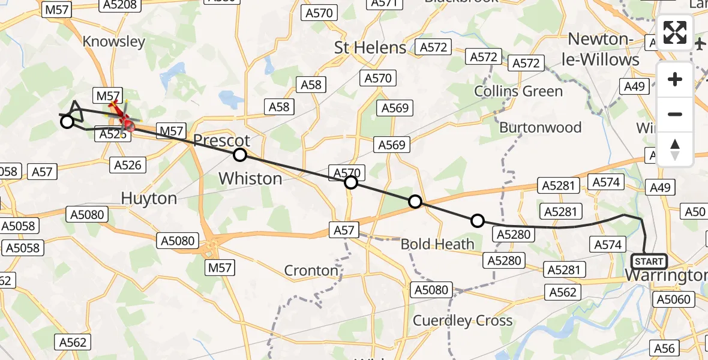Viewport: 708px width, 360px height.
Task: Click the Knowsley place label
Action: coord(114,41)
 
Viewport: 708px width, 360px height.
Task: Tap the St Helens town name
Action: coord(370,47)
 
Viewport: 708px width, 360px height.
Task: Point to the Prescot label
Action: coord(221,141)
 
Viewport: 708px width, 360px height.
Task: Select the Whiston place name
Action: coord(250,178)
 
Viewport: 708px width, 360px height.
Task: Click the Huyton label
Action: coord(149,198)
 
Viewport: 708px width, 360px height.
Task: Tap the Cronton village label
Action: coord(311,271)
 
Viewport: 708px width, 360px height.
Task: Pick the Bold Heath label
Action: coord(437,244)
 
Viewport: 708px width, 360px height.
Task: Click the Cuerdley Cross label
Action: coord(463,320)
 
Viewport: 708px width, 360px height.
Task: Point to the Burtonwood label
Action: coord(540,127)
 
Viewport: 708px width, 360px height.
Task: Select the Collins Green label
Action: coord(518,91)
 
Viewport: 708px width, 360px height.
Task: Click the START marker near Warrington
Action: coord(649,261)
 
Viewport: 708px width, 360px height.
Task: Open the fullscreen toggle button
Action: coord(675,32)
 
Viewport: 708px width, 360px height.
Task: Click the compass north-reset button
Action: coord(675,149)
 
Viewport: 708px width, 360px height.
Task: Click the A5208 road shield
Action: coord(120,5)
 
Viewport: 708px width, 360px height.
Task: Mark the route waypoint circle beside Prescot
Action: coord(240,155)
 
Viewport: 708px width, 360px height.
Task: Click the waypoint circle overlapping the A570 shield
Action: coord(351,182)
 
